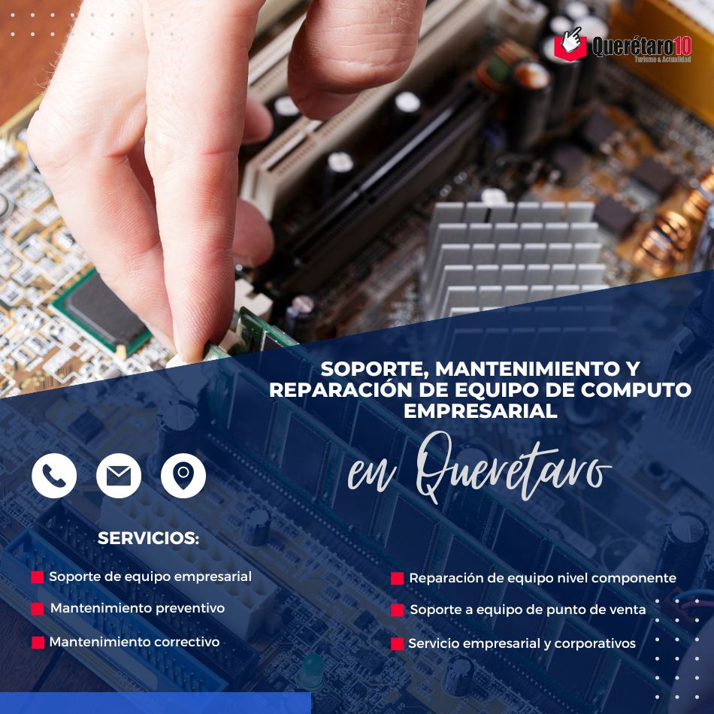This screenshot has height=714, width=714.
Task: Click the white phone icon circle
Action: point(54,476)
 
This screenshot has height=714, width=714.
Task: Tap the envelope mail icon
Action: point(119,476)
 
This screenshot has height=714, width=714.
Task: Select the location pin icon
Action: point(183,476)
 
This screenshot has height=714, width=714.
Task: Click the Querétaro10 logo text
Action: point(641,47)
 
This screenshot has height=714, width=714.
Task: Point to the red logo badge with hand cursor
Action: point(570,44)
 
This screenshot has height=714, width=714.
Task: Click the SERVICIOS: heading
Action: point(149,538)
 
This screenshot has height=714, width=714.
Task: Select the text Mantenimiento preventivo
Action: point(138,608)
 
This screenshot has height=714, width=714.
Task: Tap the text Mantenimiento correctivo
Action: point(135,642)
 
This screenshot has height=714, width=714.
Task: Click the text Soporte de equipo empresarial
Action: point(150,577)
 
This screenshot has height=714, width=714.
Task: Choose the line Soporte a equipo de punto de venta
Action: point(528,610)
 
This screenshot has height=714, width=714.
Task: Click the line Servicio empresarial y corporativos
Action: point(522,643)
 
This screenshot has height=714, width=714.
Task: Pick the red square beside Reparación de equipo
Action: point(397,578)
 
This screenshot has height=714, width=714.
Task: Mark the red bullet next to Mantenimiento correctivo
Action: point(38,643)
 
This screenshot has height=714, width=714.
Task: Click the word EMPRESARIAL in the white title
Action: point(480,411)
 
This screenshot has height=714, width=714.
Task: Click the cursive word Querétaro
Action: point(513,467)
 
